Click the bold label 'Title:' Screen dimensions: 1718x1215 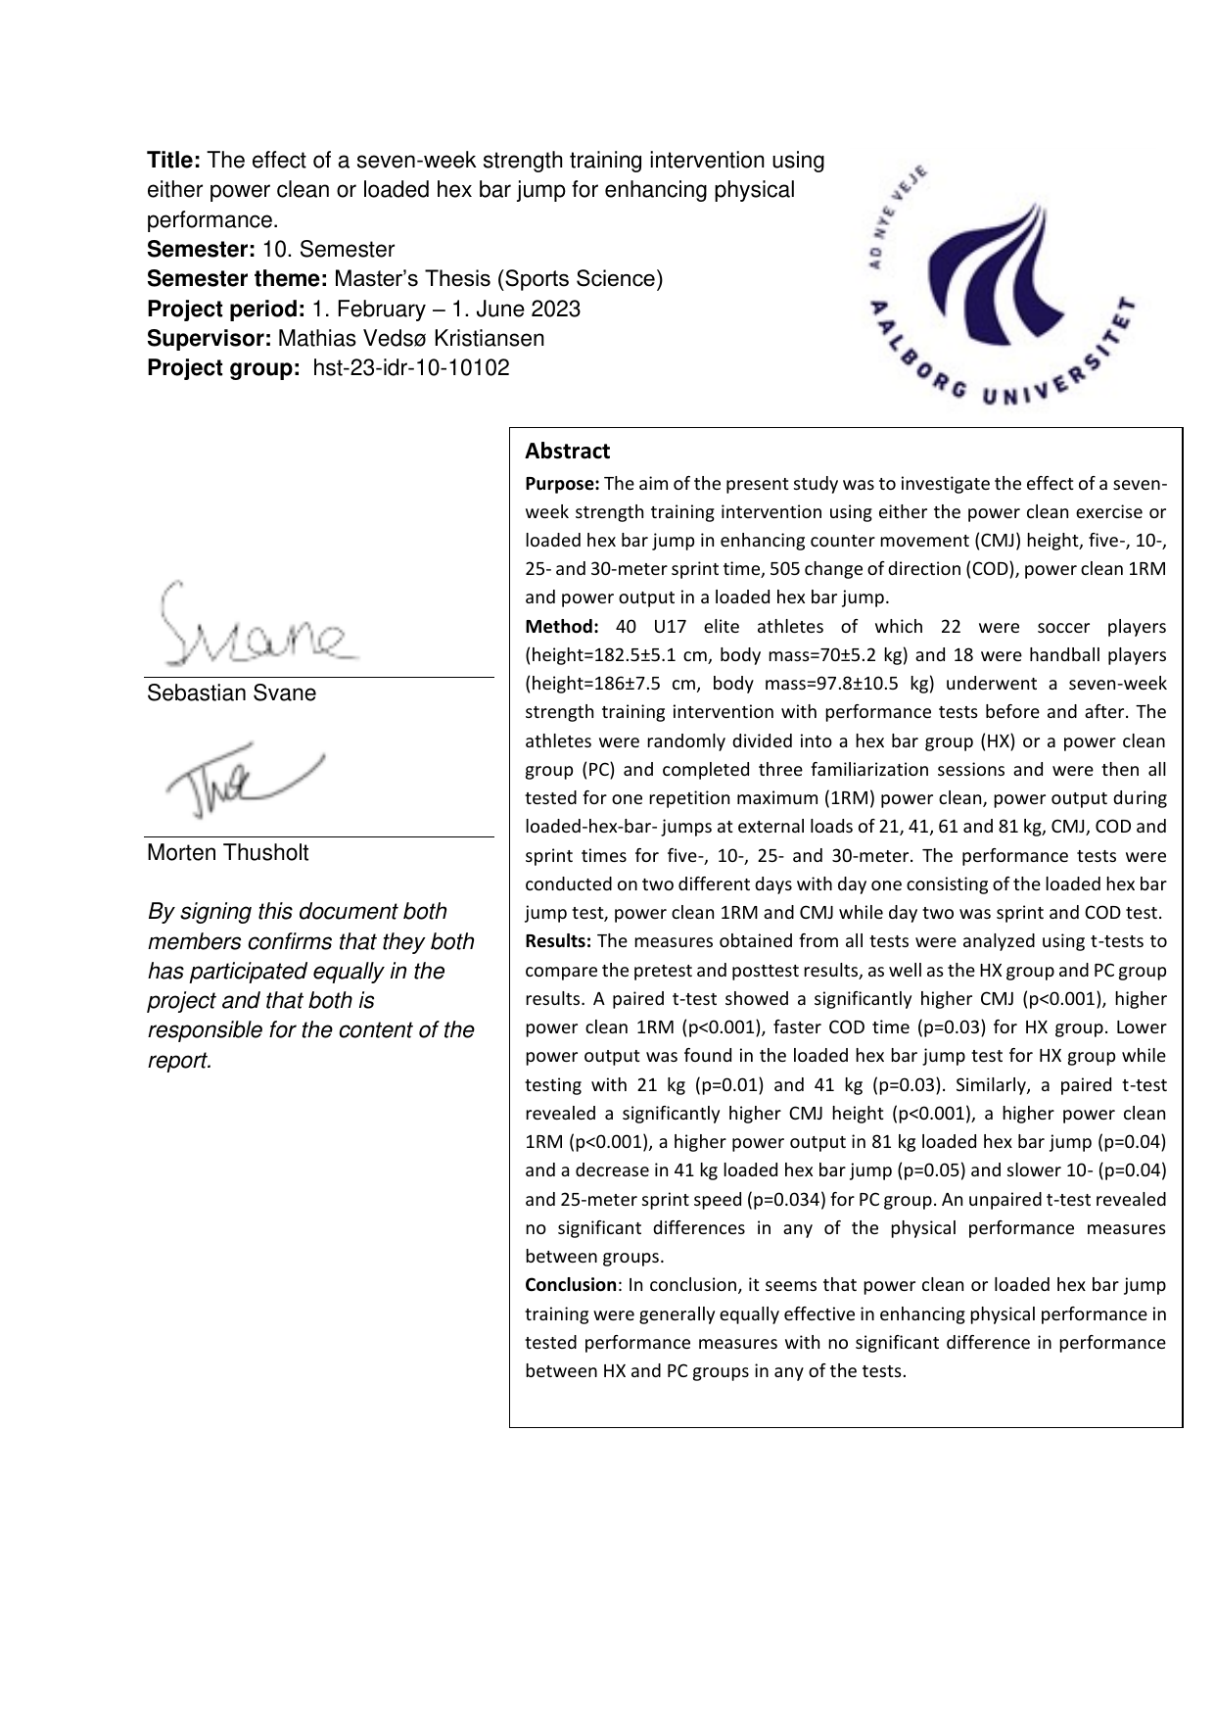[x=174, y=161]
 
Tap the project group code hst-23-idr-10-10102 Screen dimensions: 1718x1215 [x=410, y=368]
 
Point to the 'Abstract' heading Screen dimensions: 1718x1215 [x=567, y=452]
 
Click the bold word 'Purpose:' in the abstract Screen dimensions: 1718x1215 [x=562, y=484]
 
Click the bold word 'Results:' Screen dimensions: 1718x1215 [x=558, y=942]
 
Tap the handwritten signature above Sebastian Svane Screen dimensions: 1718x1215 [x=253, y=627]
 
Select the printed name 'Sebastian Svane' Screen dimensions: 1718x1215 [x=232, y=693]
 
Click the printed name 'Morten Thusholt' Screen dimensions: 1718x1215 [x=227, y=853]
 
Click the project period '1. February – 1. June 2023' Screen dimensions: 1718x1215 [x=445, y=310]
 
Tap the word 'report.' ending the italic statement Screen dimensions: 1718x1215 [x=179, y=1061]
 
